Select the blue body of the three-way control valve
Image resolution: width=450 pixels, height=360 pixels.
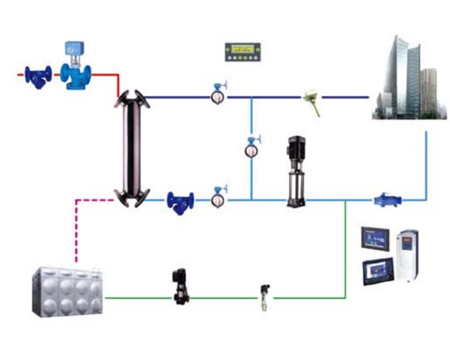click(75, 76)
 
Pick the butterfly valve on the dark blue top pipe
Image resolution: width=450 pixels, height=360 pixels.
click(218, 96)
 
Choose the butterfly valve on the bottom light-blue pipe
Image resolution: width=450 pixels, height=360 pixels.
click(218, 198)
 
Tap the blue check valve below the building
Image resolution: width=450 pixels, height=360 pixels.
click(388, 200)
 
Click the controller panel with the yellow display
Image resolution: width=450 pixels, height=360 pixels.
click(242, 52)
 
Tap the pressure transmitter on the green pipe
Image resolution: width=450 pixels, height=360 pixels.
click(264, 296)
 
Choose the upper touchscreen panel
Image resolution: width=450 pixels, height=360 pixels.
click(375, 238)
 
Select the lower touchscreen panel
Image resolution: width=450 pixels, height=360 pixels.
click(378, 270)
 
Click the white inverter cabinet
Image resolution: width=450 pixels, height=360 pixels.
click(408, 256)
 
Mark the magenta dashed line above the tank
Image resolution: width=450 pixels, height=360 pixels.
click(76, 225)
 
